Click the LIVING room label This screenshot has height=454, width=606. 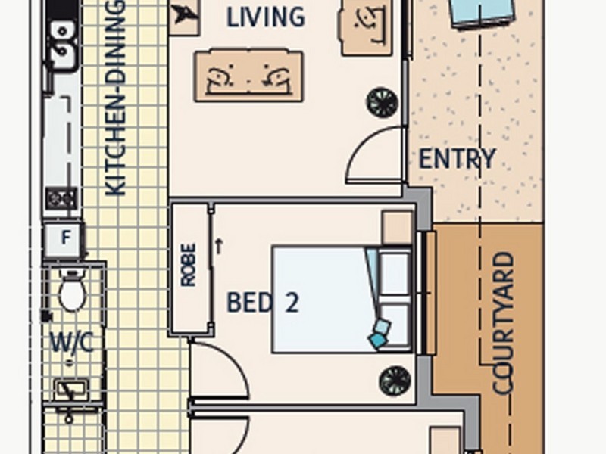click(x=266, y=17)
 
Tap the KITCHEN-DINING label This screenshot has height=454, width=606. click(x=115, y=98)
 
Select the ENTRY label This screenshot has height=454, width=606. click(x=457, y=159)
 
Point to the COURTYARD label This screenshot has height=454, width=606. click(x=504, y=324)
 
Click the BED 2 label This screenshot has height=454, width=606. click(x=263, y=302)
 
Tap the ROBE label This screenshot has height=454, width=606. click(x=189, y=265)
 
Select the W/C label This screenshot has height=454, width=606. click(x=72, y=343)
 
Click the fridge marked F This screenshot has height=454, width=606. click(x=64, y=239)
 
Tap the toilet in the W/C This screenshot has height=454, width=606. click(x=72, y=291)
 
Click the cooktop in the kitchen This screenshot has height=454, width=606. click(x=61, y=198)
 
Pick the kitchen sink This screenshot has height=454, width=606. click(x=62, y=46)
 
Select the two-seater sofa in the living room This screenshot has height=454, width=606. click(x=249, y=76)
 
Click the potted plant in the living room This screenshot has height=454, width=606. click(x=383, y=102)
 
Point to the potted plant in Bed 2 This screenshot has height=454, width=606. click(x=395, y=381)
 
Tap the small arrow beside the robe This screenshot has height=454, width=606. click(x=219, y=247)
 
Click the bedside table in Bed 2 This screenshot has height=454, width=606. click(x=397, y=227)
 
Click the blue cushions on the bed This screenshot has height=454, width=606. click(x=380, y=333)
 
